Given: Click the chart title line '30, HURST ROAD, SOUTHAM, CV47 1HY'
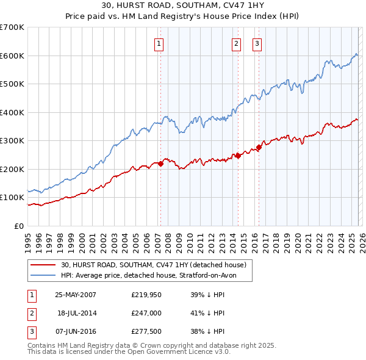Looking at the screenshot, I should [184, 7].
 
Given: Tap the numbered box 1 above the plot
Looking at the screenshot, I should [159, 43].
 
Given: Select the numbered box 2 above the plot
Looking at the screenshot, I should [236, 43].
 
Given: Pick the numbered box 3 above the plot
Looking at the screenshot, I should [257, 43].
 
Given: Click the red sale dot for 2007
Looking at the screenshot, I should [160, 164].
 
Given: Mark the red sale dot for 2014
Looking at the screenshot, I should [238, 156].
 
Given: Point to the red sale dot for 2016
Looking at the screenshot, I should [259, 147].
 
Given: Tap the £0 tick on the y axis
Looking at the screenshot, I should [20, 226].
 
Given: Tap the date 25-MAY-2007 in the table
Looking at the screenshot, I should [76, 294].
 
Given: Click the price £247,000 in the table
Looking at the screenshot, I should [145, 313].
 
